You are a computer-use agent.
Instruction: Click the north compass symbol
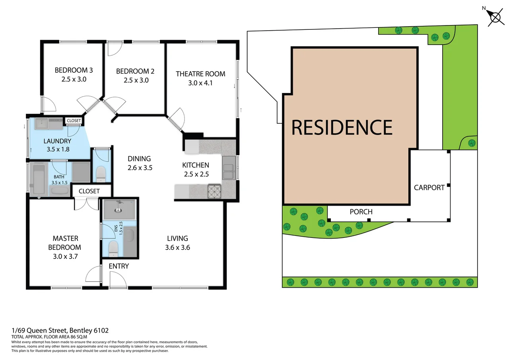tap(495, 18)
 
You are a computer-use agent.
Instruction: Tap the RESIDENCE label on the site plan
tap(342, 127)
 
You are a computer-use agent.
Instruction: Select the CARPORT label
tap(429, 187)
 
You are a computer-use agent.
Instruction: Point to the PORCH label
tap(361, 212)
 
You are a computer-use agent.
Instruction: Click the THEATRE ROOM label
tap(200, 74)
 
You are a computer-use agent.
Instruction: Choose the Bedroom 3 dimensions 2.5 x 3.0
tap(74, 79)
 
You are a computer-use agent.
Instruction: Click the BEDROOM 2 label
tap(135, 72)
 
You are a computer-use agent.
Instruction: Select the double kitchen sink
tap(229, 169)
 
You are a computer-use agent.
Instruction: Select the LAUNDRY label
tap(57, 141)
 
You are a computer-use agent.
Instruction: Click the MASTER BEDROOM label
tap(66, 243)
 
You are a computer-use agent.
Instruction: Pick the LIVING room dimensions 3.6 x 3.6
tap(177, 247)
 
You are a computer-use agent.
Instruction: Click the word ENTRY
tap(119, 266)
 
